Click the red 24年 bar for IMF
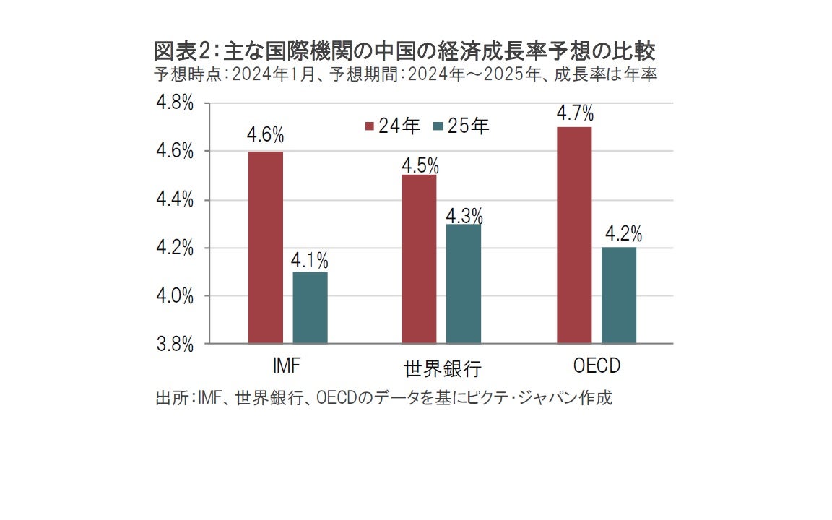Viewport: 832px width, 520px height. pos(266,247)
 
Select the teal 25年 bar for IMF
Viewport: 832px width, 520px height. pos(310,308)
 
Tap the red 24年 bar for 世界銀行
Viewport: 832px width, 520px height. pos(420,259)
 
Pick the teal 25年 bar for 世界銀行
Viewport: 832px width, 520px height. pos(464,283)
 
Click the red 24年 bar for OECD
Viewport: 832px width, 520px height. pos(574,235)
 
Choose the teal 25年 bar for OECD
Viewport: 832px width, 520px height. pos(619,295)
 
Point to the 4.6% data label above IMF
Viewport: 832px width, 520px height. pos(266,135)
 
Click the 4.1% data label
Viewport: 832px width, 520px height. pos(311,259)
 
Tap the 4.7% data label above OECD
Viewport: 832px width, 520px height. pos(575,113)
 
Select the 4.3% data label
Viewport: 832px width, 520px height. pos(464,215)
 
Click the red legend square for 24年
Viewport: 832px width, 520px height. pos(369,126)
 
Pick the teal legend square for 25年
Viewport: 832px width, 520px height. pos(438,126)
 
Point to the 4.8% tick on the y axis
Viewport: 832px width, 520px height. pos(175,103)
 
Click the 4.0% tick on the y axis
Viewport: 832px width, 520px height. pos(175,296)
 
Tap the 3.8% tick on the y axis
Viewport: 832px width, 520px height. pos(175,344)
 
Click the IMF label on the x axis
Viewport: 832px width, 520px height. pos(287,365)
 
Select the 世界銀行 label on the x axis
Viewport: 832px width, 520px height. pos(443,369)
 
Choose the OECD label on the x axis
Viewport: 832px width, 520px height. pos(597,365)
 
